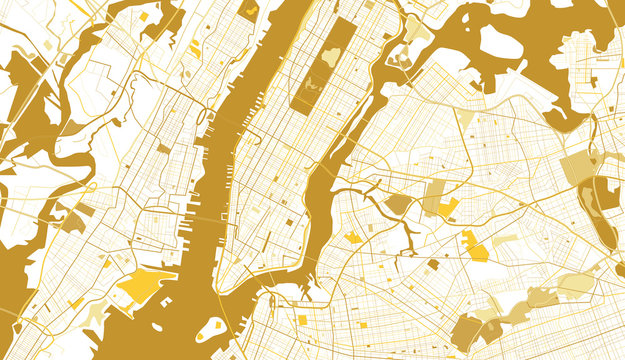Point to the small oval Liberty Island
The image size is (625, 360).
[x=156, y=327]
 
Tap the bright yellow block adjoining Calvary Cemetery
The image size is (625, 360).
[x=448, y=208]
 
